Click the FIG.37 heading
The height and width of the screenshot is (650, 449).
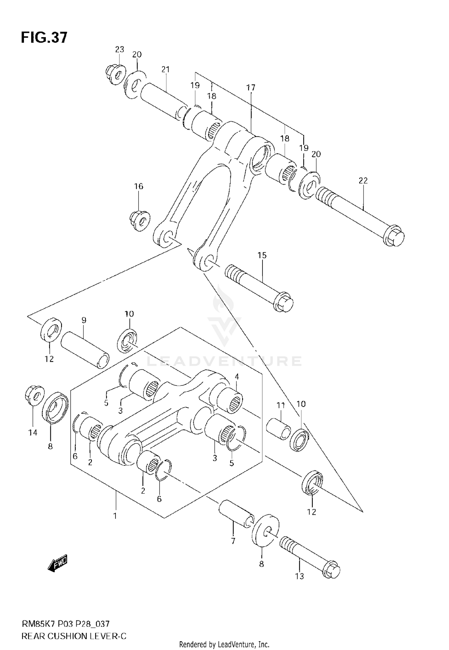point(44,38)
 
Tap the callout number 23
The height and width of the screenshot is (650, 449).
point(119,49)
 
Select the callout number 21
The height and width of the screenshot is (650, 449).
point(166,69)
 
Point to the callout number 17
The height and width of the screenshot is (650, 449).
point(251,88)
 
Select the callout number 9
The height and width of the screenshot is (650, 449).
point(84,320)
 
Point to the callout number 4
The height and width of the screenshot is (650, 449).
point(236,377)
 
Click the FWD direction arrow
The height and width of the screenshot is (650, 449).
point(58,563)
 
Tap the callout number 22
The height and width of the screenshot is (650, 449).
point(363,181)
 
